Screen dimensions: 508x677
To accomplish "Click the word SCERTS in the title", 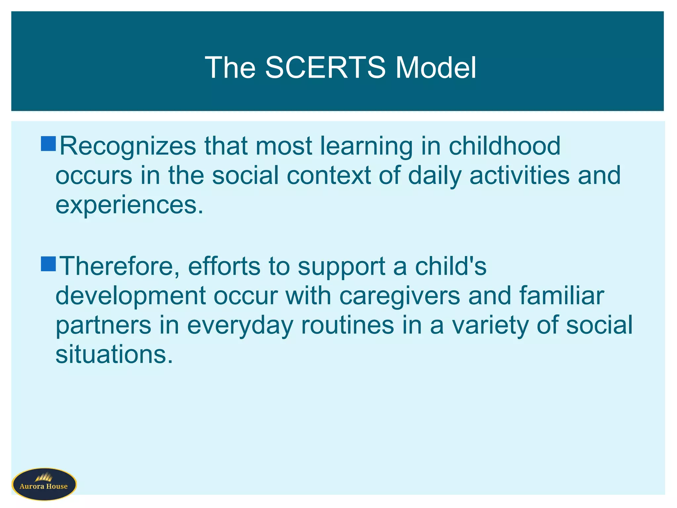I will point(325,67).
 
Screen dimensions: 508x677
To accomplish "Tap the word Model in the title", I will point(436,67).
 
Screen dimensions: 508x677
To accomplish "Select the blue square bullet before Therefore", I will point(48,264).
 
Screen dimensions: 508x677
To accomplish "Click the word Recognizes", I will point(128,146).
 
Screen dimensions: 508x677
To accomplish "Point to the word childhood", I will point(504,146).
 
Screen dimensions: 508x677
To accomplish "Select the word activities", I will point(519,175).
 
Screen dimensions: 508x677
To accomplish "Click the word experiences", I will point(129,205).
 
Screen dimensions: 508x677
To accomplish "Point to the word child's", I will point(451,266).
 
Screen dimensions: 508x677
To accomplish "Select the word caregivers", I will point(400,296).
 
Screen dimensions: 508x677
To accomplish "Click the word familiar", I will point(562,295).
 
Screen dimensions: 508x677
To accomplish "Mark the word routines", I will point(347,325).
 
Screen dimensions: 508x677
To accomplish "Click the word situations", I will point(114,354).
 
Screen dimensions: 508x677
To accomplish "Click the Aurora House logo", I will point(44,484).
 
